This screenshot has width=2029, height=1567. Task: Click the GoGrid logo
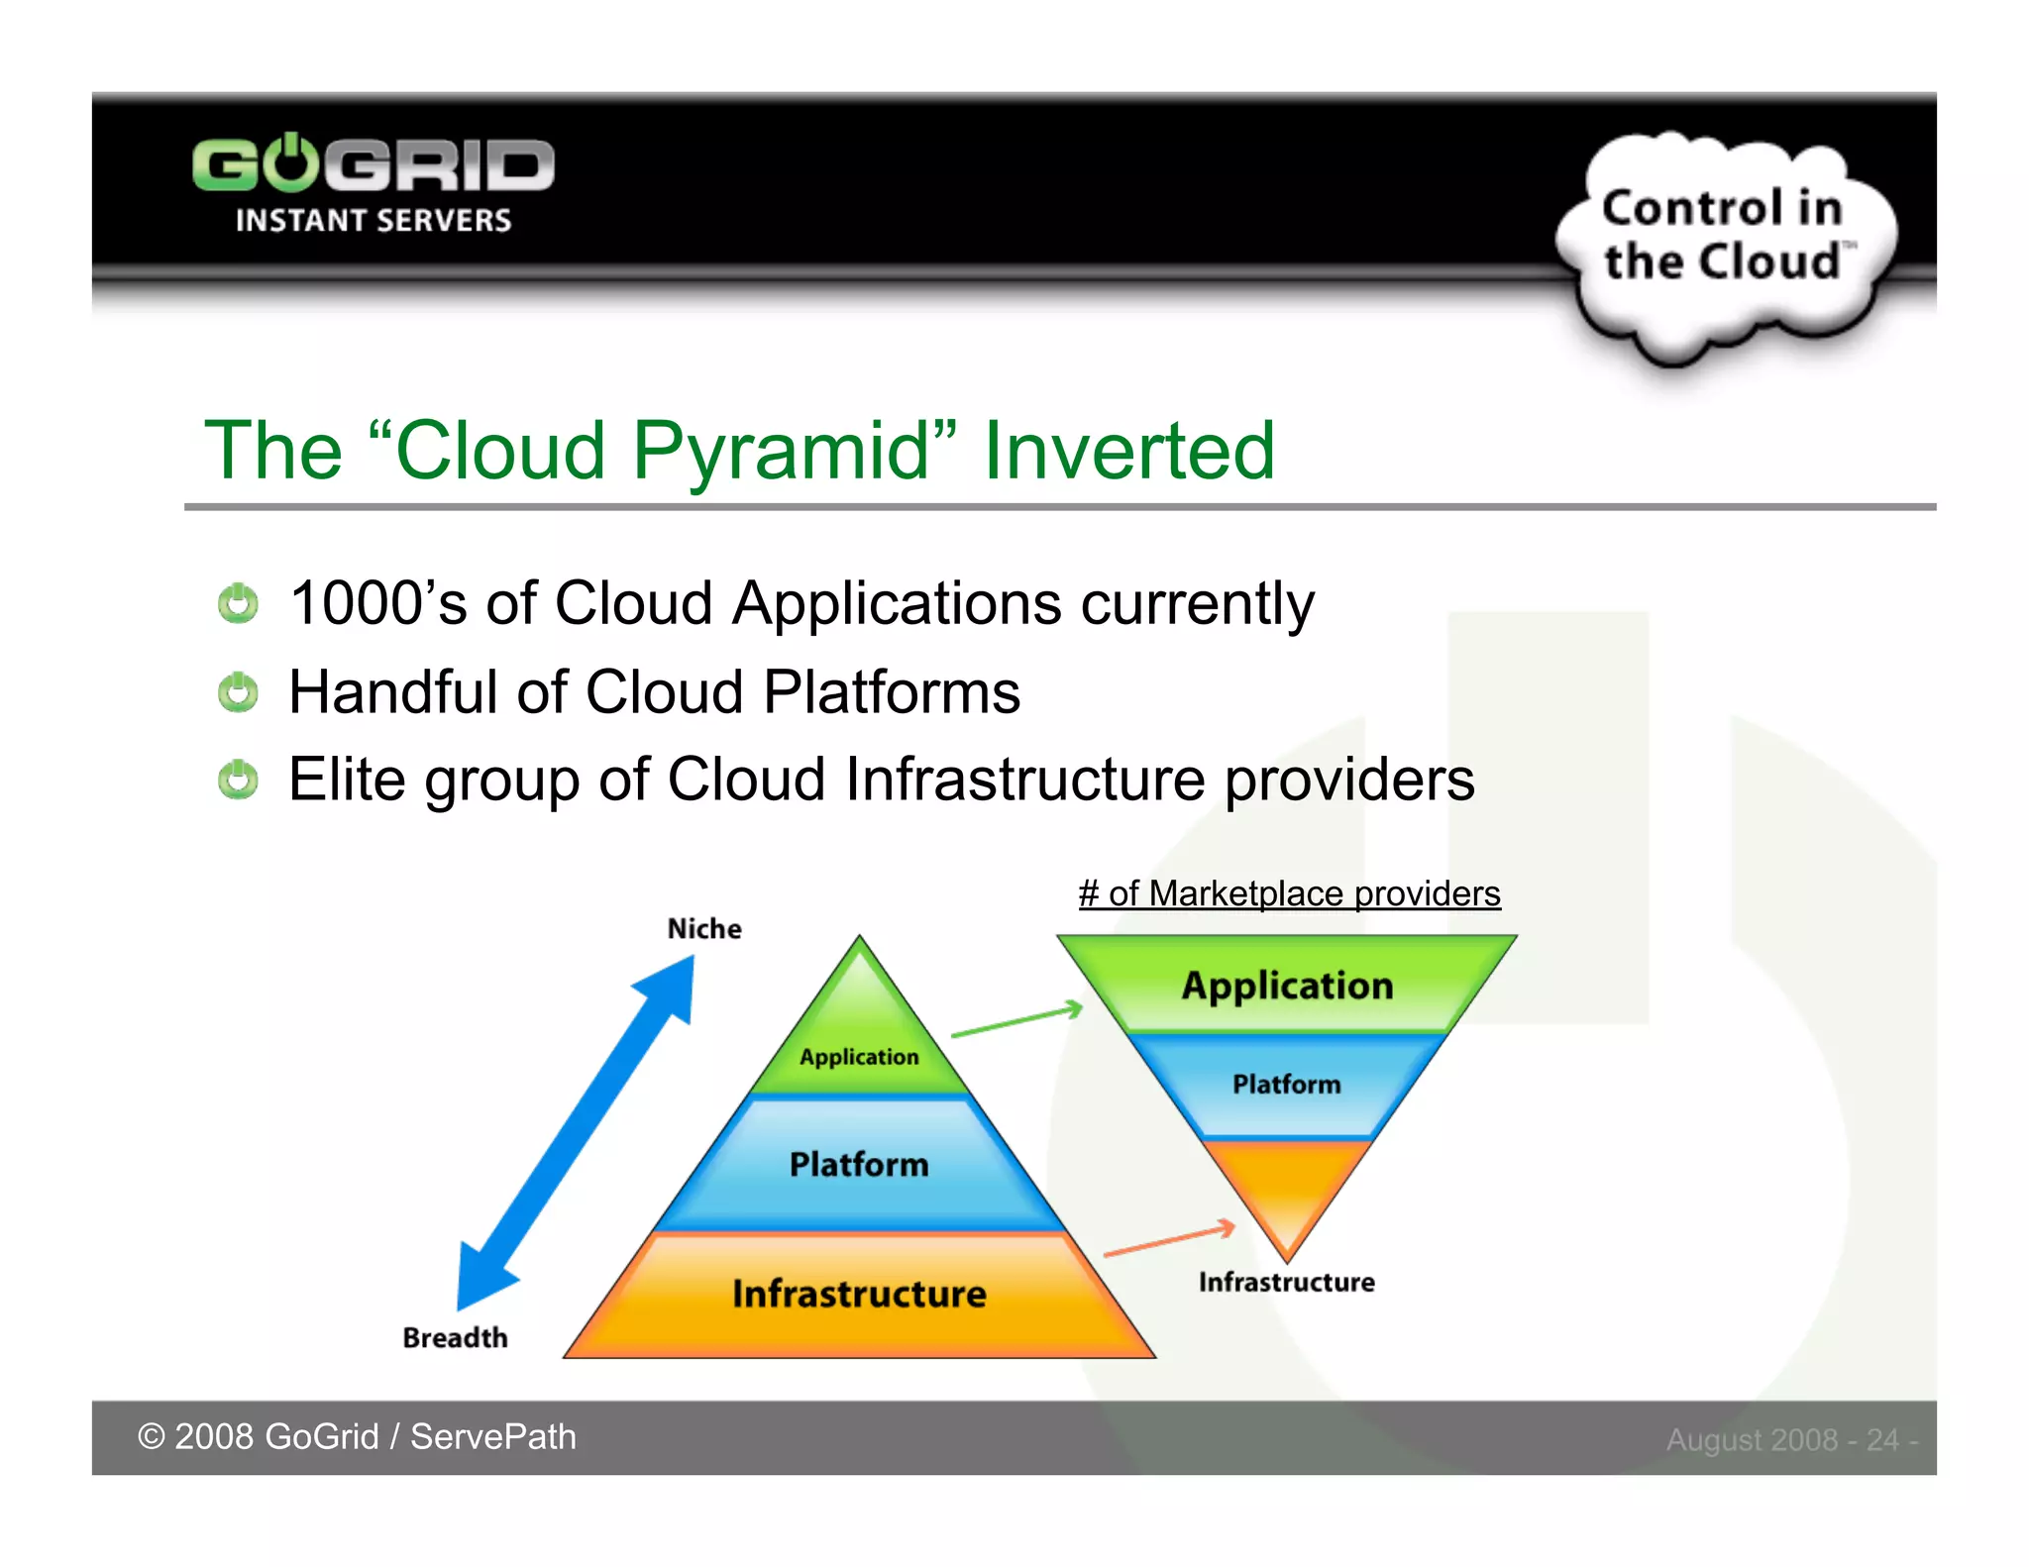tap(373, 163)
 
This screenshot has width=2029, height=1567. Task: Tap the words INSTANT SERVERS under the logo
tap(373, 220)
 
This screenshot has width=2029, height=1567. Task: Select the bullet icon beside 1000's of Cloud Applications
tap(238, 603)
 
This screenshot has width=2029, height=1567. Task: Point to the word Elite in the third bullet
tap(347, 779)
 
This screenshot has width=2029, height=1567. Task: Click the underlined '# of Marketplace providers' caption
tap(1289, 893)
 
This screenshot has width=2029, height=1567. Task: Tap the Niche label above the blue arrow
tap(703, 928)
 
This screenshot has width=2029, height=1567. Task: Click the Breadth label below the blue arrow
tap(455, 1337)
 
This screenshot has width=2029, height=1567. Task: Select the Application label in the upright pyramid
tap(859, 1057)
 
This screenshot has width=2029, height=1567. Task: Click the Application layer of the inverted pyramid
tap(1287, 986)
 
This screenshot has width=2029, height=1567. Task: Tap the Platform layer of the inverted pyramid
tap(1286, 1085)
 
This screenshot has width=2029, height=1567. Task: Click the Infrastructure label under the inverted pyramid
tap(1286, 1282)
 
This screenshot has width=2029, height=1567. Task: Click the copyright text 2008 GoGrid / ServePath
tap(357, 1436)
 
